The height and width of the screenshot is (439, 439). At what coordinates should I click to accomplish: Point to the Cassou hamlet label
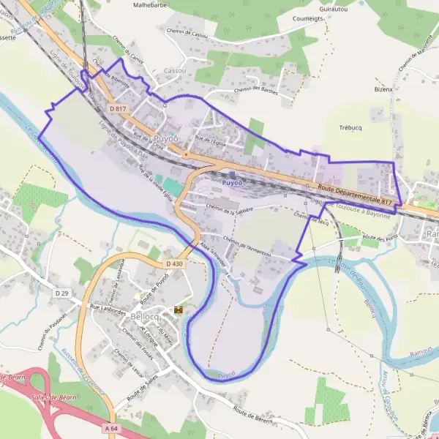[x=175, y=71]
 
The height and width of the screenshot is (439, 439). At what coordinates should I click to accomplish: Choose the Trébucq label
[x=351, y=127]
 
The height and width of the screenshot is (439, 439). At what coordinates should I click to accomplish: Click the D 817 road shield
[x=118, y=108]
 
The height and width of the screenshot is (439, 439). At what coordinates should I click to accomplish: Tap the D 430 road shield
[x=173, y=263]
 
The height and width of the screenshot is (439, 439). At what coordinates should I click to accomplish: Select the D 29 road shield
[x=61, y=293]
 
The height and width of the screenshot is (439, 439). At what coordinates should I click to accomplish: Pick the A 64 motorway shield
[x=111, y=428]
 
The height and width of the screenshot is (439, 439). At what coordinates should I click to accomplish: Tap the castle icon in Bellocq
[x=178, y=310]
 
